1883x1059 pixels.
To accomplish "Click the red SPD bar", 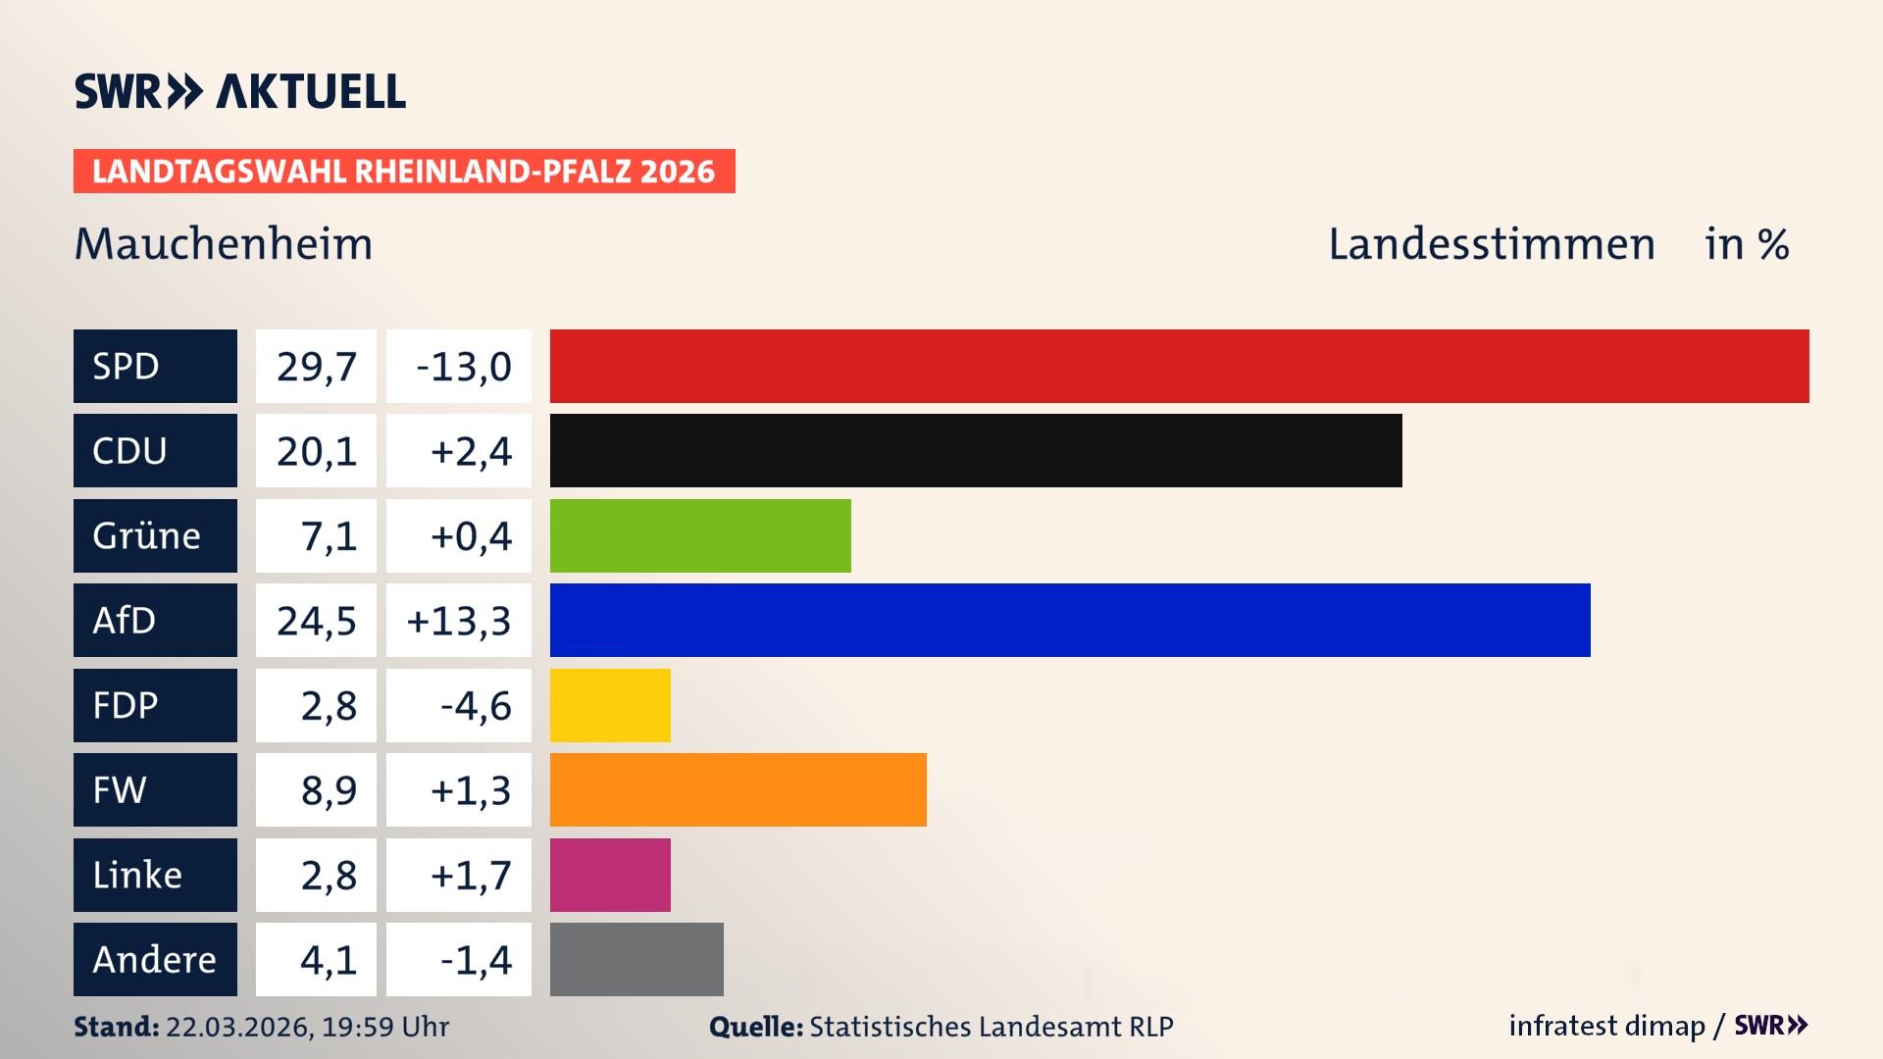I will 1179,366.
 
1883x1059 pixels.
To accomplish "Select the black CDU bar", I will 976,450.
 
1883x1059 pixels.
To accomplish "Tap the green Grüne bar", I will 700,535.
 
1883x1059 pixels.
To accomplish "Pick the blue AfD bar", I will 1070,620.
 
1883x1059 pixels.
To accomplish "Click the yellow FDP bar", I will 610,705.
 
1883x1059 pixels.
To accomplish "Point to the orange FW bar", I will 738,789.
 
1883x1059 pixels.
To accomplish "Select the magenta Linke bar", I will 610,875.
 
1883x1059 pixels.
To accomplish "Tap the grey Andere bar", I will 636,959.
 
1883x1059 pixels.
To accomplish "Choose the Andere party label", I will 155,959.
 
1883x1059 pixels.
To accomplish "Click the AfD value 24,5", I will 316,621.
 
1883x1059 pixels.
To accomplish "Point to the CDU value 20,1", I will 316,451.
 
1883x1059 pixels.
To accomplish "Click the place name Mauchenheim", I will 224,244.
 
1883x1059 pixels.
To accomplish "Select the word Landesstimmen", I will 1491,244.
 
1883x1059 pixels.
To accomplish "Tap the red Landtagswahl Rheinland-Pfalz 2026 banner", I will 404,172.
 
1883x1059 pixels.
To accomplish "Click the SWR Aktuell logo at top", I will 239,91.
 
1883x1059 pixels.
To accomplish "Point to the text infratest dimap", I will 1606,1026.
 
